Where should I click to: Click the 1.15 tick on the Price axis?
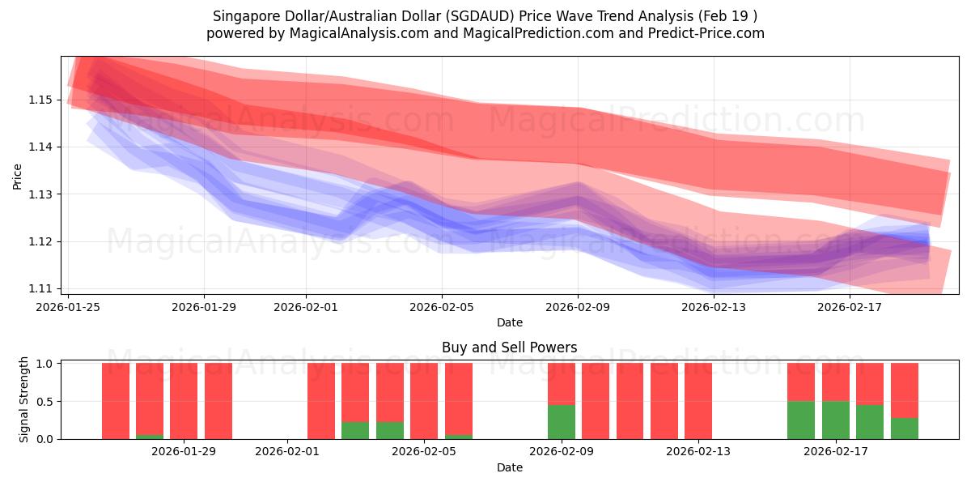coord(41,100)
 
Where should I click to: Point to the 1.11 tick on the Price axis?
coord(41,288)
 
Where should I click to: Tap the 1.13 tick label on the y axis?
coord(41,194)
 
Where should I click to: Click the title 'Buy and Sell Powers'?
coord(509,347)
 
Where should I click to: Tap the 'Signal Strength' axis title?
coord(24,399)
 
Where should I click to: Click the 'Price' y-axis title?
coord(18,176)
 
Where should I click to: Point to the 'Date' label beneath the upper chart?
coord(509,322)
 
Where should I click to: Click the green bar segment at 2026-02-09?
coord(562,421)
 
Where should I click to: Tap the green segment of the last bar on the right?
coord(905,428)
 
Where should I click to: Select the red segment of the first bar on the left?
coord(116,400)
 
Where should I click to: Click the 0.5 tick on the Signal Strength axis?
coord(45,401)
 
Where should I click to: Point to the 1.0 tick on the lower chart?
coord(45,364)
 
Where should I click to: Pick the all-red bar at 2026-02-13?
coord(698,400)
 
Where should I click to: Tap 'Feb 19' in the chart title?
coord(731,16)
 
